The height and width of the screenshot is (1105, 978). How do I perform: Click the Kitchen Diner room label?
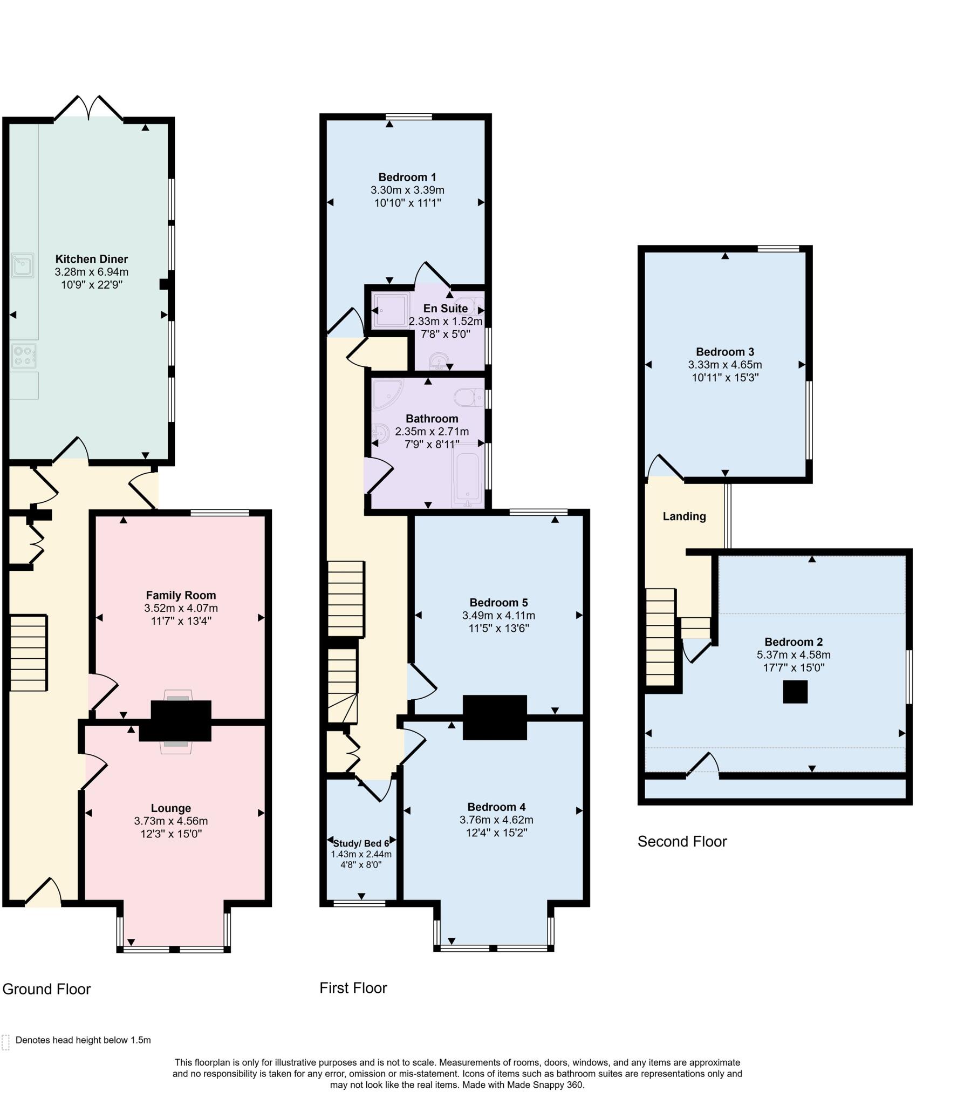(91, 259)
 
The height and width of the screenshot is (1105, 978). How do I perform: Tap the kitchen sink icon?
(23, 265)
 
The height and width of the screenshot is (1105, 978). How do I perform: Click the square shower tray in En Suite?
(391, 310)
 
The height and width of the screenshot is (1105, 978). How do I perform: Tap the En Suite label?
(445, 308)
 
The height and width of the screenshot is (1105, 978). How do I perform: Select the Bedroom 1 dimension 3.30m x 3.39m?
(407, 190)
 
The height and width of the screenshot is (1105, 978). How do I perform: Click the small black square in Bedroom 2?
(795, 692)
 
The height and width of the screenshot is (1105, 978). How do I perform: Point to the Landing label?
(684, 516)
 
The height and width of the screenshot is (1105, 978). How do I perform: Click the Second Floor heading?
(682, 841)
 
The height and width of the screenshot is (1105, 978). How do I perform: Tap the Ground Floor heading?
(46, 989)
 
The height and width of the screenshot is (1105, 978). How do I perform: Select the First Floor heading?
(353, 988)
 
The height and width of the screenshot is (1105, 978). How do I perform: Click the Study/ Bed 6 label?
(360, 843)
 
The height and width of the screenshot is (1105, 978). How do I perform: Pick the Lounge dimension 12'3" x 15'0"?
(171, 834)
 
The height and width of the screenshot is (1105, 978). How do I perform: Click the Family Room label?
(181, 595)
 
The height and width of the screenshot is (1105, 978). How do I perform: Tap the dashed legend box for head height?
(6, 1042)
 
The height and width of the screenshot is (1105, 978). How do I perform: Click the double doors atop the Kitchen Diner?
(88, 107)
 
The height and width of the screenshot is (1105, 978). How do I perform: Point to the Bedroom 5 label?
(498, 602)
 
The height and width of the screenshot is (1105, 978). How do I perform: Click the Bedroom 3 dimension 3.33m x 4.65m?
(724, 365)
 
